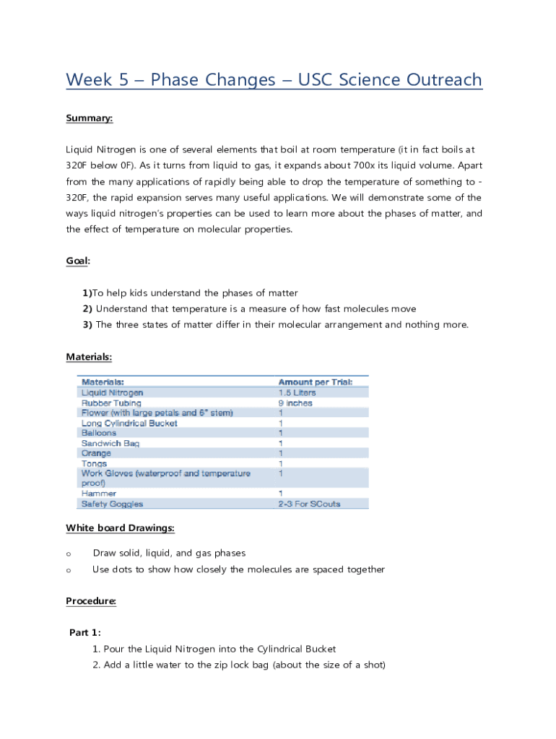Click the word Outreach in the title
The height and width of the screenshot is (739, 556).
tap(440, 79)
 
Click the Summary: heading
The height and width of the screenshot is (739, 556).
tap(90, 118)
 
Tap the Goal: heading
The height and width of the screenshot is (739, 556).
tap(78, 261)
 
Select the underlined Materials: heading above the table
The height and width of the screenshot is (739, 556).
tap(89, 357)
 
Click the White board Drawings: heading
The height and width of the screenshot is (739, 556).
tap(120, 528)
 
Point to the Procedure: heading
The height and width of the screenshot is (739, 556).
tap(91, 601)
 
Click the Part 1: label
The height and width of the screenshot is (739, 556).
tap(85, 633)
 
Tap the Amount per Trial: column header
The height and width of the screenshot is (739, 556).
tap(316, 382)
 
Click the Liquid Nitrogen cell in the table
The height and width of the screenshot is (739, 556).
tap(112, 393)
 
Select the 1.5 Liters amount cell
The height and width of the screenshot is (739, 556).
tap(297, 393)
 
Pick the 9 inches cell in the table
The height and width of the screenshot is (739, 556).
tap(295, 403)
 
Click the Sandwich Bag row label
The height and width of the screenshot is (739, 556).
tap(110, 443)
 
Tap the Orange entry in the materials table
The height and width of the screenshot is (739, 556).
tap(96, 453)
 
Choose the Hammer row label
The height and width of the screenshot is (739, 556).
tap(97, 494)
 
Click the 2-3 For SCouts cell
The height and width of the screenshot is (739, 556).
tap(309, 504)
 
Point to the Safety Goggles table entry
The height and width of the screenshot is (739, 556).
tap(112, 504)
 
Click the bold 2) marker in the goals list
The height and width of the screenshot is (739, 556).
tap(87, 309)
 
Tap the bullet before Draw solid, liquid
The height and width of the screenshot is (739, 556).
tap(69, 554)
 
